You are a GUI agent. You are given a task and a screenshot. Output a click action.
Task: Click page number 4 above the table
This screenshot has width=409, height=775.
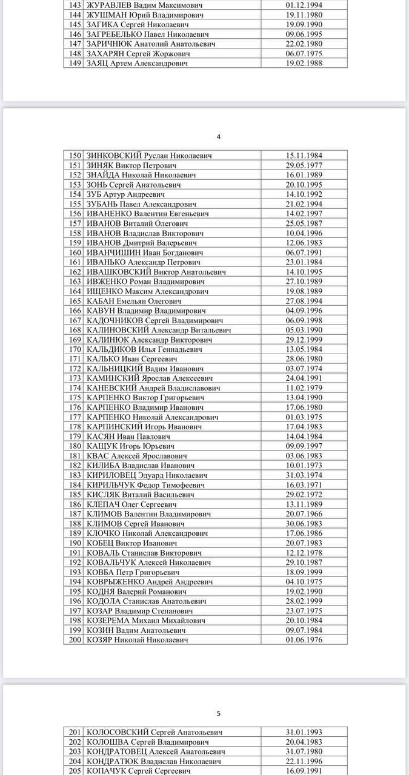click(x=219, y=136)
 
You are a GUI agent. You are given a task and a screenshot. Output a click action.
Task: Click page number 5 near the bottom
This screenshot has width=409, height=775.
click(x=219, y=713)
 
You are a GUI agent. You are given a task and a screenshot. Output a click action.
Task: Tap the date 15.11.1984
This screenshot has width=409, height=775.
click(x=304, y=156)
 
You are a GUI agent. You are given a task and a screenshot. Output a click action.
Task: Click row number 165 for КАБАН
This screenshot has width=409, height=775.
click(x=75, y=301)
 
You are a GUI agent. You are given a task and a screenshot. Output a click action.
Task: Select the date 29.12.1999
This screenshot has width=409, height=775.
click(x=304, y=340)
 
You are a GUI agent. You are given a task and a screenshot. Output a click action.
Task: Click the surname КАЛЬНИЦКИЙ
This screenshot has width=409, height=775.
click(x=115, y=369)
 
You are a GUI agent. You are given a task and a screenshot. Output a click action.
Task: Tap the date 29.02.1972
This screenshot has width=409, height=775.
click(x=304, y=495)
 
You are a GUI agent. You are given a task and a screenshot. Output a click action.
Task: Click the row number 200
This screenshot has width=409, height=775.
click(x=75, y=640)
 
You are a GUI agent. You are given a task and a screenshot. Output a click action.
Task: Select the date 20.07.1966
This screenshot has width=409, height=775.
click(x=304, y=514)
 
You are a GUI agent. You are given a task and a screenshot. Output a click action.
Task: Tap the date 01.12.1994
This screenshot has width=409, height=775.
click(x=304, y=5)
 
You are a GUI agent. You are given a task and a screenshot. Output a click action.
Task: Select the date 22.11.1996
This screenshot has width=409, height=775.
click(x=304, y=761)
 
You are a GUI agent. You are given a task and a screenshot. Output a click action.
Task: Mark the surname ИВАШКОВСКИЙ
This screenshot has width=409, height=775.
click(x=118, y=272)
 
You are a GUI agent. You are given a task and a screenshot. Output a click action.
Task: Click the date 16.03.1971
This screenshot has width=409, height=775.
click(x=304, y=485)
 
